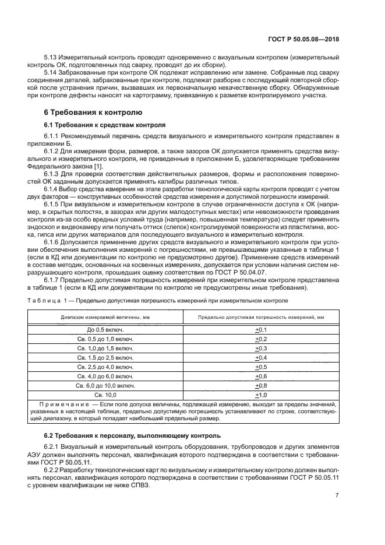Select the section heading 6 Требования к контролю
tap(86, 111)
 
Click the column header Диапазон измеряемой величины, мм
tap(105, 317)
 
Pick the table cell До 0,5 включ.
tap(105, 329)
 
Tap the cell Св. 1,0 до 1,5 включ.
tap(105, 348)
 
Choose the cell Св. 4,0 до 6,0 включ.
tap(105, 376)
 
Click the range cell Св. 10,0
tap(105, 395)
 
